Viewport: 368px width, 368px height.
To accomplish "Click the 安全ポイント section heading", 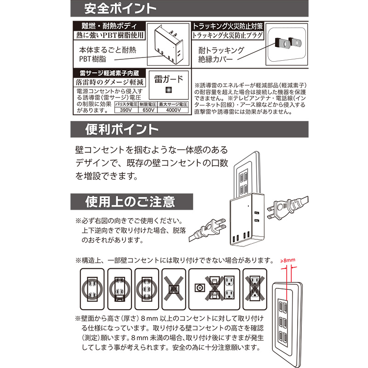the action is (120, 8).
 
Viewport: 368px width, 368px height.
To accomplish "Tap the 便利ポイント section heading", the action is (121, 129).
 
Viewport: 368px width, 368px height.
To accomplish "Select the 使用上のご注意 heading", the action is (130, 202).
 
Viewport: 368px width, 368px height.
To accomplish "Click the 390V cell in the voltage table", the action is (126, 110).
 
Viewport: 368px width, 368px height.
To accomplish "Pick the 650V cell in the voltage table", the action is (148, 110).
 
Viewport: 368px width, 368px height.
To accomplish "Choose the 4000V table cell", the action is (173, 110).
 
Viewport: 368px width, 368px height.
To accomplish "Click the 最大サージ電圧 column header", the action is (173, 104).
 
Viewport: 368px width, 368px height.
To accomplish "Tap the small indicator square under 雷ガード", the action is (168, 90).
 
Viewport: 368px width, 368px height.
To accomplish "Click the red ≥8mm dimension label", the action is (288, 260).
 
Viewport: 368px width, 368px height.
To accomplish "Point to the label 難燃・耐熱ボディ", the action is (109, 26).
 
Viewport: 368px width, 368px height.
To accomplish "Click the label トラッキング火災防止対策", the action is (228, 26).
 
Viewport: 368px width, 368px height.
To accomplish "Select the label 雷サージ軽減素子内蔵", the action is (109, 73).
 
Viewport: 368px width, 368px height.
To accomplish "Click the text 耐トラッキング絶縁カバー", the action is (221, 54).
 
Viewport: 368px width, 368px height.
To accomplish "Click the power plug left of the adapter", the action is (208, 231).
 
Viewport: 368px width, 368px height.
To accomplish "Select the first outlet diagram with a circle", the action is (92, 289).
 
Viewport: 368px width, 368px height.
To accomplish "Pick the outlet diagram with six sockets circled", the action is (147, 289).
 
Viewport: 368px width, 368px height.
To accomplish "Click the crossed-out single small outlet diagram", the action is (174, 289).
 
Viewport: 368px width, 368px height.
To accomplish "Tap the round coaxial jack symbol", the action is (200, 288).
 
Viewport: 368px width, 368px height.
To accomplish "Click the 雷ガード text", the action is (168, 79).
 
